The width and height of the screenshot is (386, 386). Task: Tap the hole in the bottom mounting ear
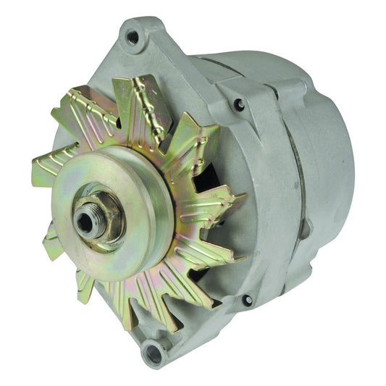[154, 353]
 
